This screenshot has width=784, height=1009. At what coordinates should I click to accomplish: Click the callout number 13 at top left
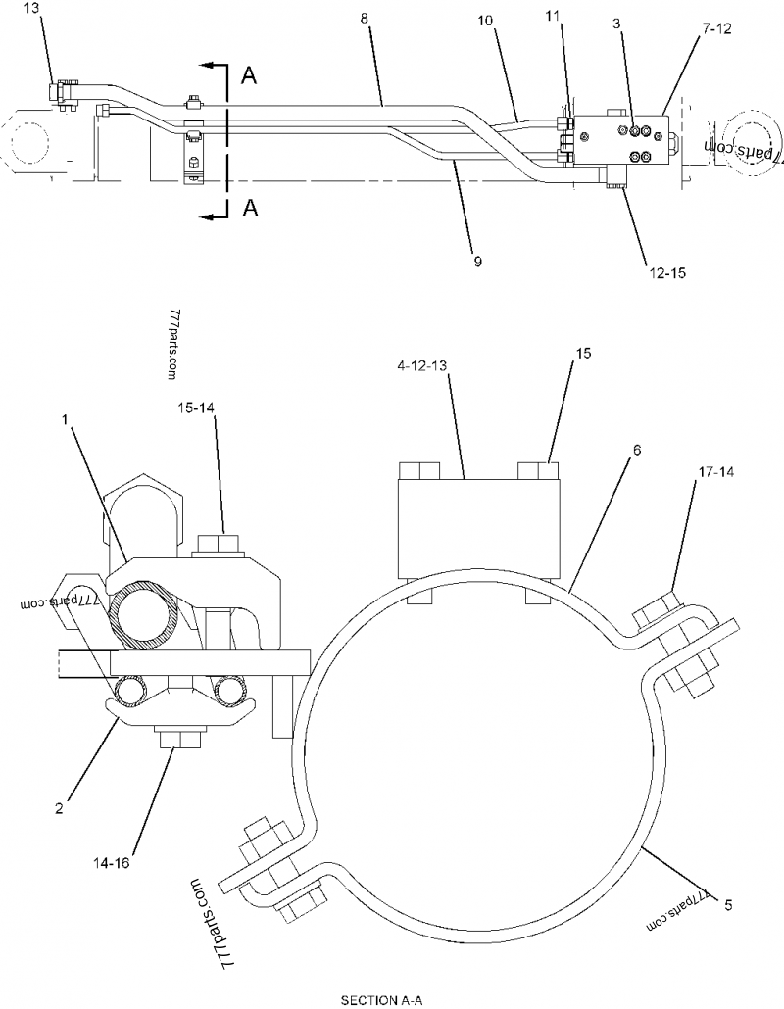[31, 8]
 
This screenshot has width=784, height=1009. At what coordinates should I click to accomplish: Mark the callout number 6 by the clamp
[636, 450]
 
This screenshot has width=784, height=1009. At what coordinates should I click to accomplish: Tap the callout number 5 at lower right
[727, 906]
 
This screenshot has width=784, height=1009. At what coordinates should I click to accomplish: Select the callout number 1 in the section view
[65, 418]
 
